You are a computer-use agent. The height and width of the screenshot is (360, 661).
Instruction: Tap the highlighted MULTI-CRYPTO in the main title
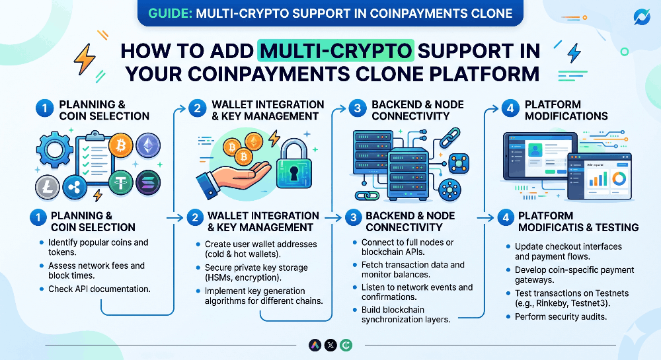[336, 51]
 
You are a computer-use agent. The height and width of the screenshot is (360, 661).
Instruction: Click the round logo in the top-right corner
[642, 17]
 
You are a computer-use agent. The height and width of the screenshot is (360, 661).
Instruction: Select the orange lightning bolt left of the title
[84, 59]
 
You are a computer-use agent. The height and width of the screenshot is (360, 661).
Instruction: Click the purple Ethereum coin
[147, 145]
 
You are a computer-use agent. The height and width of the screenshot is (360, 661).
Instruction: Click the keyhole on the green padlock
[292, 172]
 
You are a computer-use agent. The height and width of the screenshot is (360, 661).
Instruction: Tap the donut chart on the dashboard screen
[619, 179]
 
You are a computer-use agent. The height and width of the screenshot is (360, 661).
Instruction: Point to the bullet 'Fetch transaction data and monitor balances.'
[413, 270]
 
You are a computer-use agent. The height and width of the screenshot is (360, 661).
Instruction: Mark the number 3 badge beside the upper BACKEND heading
[356, 109]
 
